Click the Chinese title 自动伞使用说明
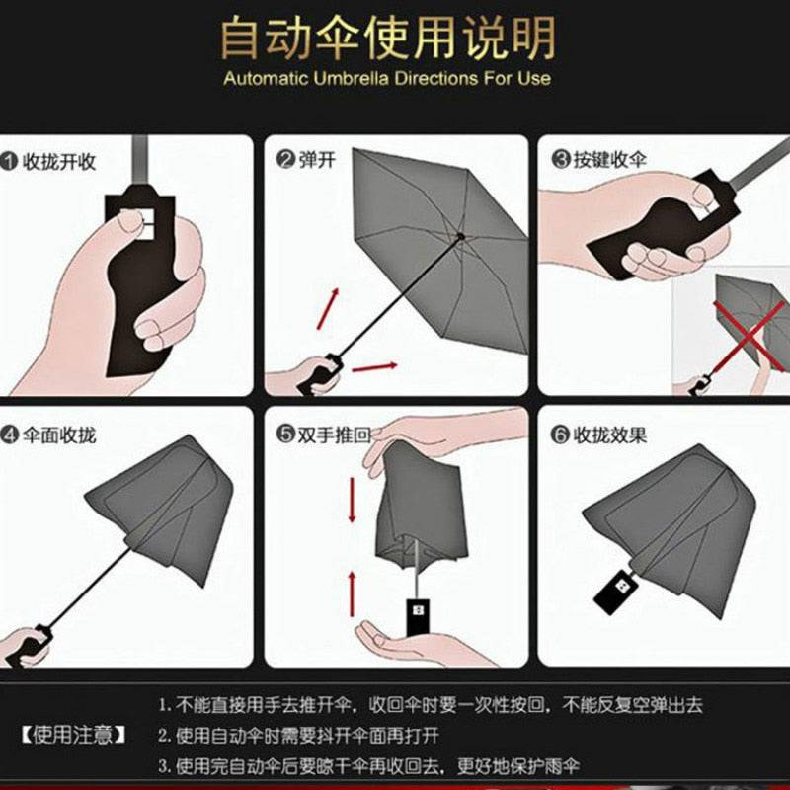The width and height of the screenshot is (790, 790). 387,39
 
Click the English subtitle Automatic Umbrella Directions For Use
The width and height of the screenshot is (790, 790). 387,78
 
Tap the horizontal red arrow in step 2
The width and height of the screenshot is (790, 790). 374,367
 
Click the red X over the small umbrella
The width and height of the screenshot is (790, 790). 749,334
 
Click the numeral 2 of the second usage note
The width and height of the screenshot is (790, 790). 164,736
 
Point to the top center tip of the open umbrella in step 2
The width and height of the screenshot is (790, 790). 460,236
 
